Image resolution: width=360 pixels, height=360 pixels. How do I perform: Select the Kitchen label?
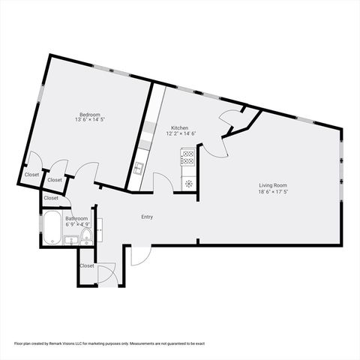180,127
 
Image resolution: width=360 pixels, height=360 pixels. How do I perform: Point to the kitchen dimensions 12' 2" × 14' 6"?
180,134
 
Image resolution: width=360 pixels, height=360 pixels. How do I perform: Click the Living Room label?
273,184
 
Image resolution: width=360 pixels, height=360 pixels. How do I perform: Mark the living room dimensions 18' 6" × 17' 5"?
273,191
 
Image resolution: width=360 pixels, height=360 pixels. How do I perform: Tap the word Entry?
147,217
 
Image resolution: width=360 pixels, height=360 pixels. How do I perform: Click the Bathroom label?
76,218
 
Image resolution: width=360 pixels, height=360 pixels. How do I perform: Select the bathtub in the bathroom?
52,228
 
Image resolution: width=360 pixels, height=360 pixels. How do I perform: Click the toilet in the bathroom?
86,237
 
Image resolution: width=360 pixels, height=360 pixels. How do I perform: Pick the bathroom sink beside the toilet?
70,240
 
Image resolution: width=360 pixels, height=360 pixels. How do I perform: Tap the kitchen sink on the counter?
139,167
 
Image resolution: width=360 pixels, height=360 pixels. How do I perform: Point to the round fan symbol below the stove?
188,182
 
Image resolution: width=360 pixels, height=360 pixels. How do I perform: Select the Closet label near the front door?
87,265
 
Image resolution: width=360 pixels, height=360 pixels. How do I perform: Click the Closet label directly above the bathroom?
51,198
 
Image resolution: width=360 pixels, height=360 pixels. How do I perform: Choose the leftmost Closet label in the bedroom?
31,175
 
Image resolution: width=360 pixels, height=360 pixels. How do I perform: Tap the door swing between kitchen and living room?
214,147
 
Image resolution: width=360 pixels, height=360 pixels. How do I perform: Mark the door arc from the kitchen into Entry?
163,182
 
